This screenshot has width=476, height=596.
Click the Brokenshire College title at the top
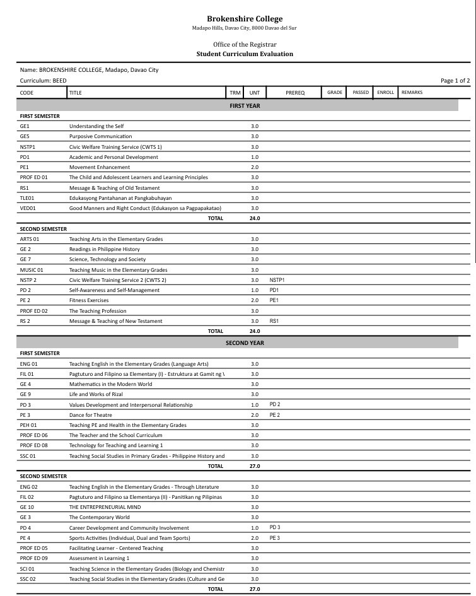[245, 19]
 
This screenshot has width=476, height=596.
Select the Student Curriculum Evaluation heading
[245, 54]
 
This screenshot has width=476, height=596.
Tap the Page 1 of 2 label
[456, 81]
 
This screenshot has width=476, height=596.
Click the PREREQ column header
[295, 93]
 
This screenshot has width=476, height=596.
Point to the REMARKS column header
[412, 93]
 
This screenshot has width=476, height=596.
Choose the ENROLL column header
[385, 93]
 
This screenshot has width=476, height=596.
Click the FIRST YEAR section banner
[245, 106]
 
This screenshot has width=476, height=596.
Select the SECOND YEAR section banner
[245, 343]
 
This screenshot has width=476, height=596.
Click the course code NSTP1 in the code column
[28, 147]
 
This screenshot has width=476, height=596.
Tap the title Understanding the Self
[96, 126]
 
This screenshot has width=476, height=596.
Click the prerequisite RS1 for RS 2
[274, 321]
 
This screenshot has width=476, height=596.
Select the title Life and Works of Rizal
[100, 394]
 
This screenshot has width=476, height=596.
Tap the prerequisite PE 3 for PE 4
[274, 538]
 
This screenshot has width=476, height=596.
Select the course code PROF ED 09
[34, 558]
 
